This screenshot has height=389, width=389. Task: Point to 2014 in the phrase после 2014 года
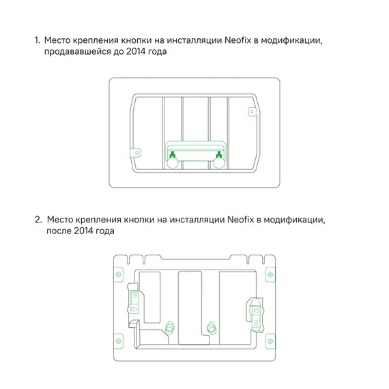(88, 232)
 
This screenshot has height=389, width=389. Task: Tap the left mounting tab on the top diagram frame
(135, 151)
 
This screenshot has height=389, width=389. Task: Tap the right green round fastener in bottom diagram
(212, 326)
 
